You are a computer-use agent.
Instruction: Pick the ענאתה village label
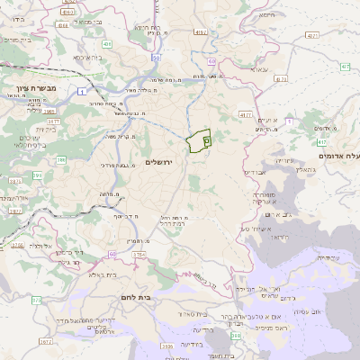pos(259,69)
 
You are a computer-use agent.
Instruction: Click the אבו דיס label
pos(257,173)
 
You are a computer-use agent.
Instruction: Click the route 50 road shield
pos(156,58)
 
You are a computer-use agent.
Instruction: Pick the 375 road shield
pos(36,300)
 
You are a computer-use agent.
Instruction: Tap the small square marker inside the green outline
pos(206,140)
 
